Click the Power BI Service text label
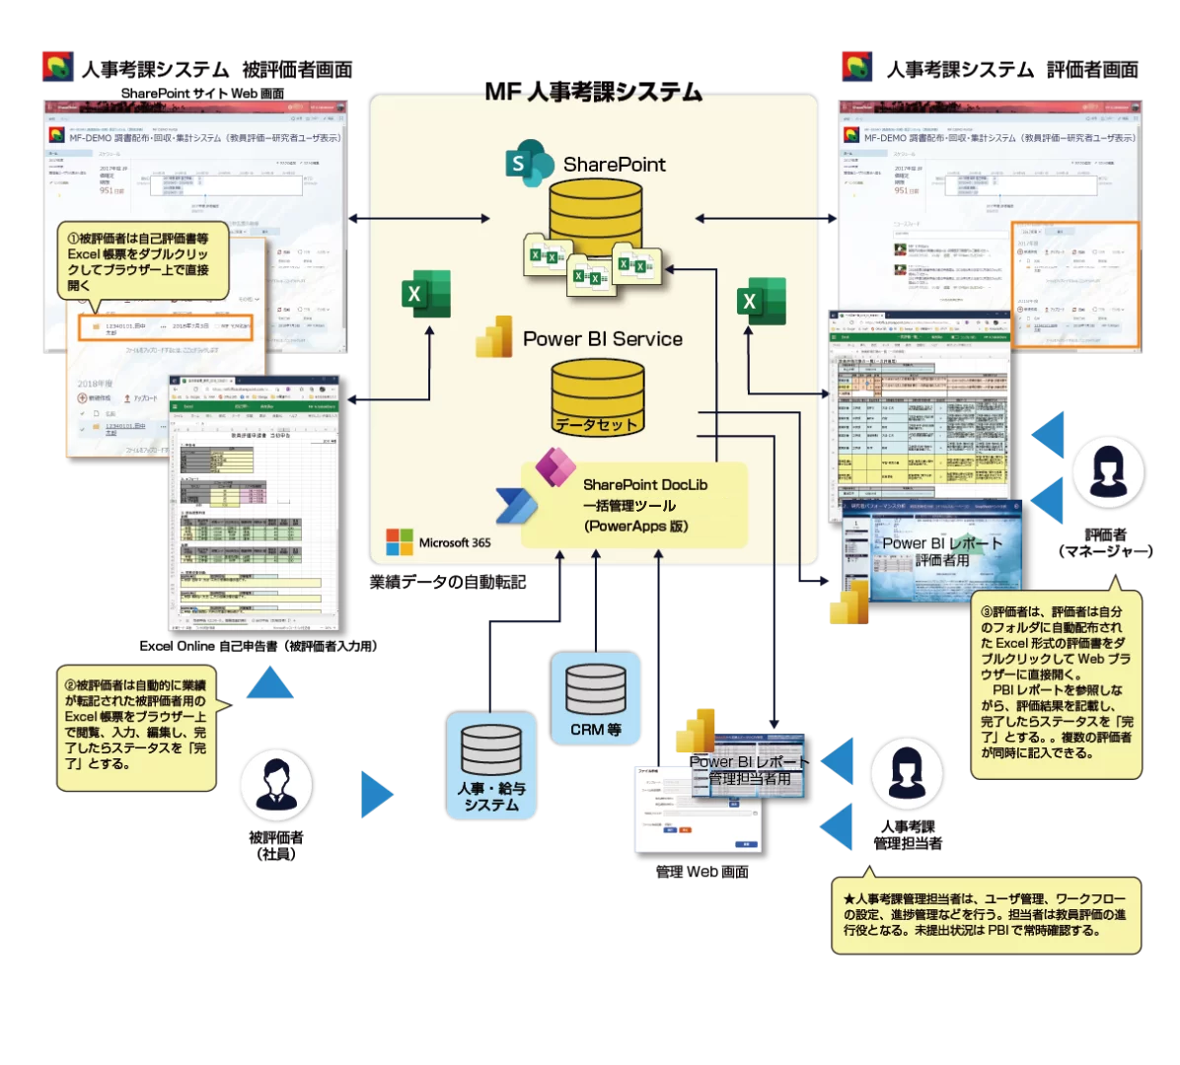603,339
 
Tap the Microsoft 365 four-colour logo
400,542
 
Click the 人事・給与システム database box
491,764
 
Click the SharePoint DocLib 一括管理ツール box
634,505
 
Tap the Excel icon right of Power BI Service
762,301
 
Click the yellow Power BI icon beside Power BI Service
494,336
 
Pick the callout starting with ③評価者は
1055,682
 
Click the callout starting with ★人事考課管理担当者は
984,915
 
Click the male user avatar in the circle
276,785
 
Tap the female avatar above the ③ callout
1107,473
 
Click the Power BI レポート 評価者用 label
941,551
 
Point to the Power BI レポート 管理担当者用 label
748,770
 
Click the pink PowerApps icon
554,465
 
